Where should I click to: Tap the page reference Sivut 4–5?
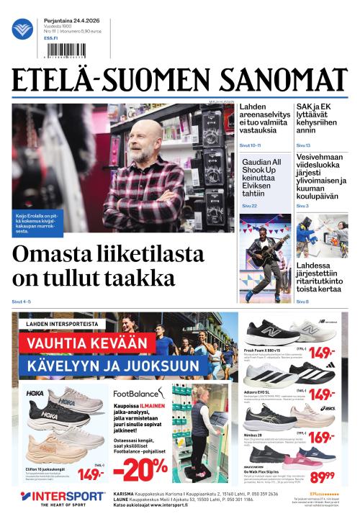[x=22, y=302]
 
